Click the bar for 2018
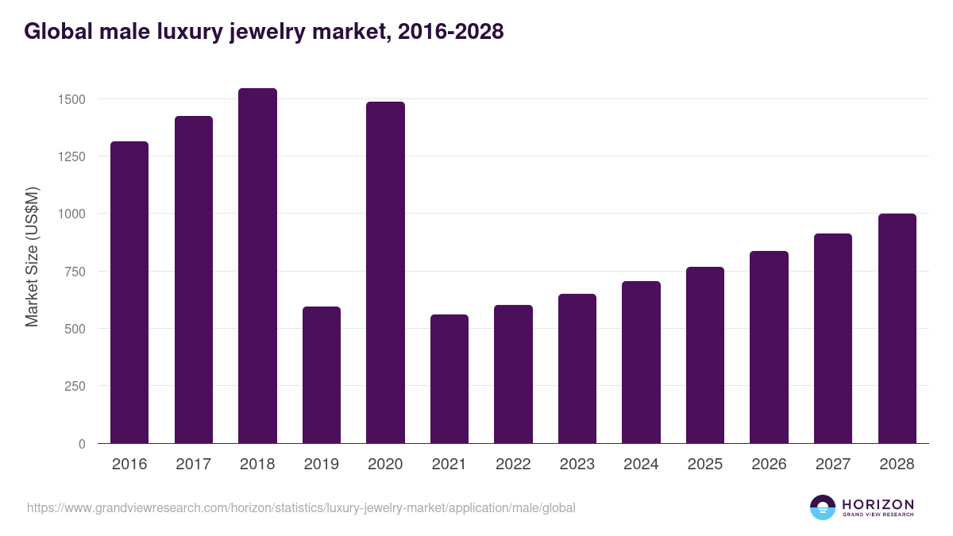pos(257,266)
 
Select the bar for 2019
pos(322,375)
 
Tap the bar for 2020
pos(385,272)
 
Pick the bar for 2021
pos(449,379)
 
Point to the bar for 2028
pos(897,329)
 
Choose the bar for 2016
pos(129,292)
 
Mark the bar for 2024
pos(641,362)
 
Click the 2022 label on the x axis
pos(513,465)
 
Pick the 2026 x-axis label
pos(769,465)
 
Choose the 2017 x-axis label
pos(193,465)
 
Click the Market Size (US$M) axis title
pos(32,256)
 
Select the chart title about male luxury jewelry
pos(264,32)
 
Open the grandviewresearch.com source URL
pos(301,507)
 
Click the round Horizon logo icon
pos(823,507)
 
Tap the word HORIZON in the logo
pos(877,504)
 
